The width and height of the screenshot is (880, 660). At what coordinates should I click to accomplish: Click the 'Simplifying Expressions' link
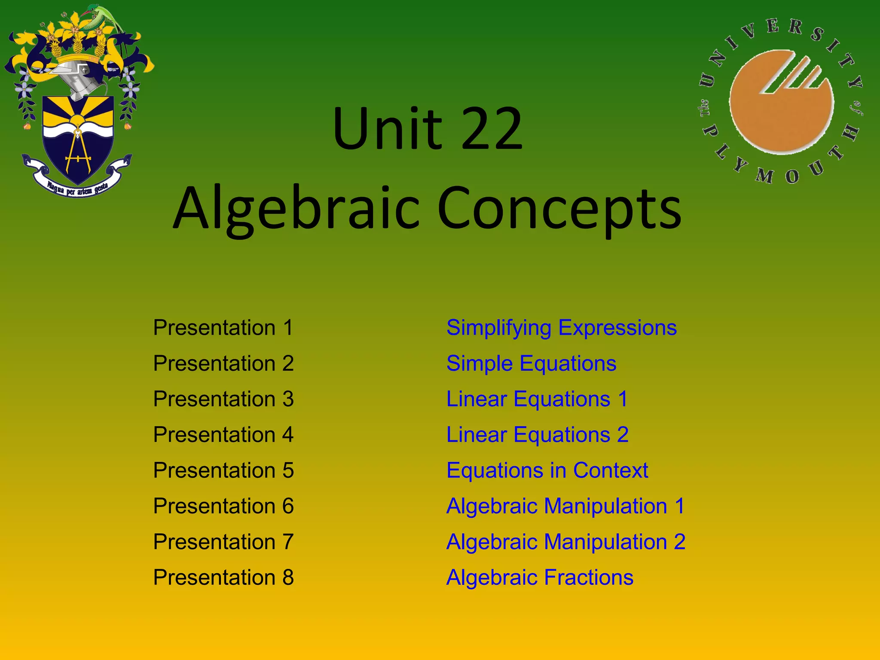click(x=561, y=328)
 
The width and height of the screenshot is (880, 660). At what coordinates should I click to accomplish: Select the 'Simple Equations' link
click(x=531, y=364)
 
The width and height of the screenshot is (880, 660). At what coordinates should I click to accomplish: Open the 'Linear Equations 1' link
click(x=537, y=399)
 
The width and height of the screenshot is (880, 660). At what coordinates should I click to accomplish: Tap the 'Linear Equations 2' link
click(x=537, y=435)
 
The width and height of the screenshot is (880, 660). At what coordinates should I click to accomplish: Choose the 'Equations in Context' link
click(x=547, y=471)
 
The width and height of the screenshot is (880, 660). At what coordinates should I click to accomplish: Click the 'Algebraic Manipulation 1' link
click(x=565, y=506)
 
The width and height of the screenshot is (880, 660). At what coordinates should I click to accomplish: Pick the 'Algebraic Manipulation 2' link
click(x=565, y=542)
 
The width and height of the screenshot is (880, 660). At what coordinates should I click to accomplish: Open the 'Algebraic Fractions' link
click(x=540, y=577)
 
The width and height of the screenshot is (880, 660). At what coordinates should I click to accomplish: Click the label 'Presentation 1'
click(x=223, y=328)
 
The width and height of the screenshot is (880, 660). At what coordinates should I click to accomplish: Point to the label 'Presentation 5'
click(x=223, y=471)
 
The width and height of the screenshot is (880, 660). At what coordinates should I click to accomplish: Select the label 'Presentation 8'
click(x=223, y=577)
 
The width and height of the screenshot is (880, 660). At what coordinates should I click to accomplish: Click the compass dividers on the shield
click(x=78, y=150)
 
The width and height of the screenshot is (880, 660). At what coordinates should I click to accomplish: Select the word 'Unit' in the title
click(x=387, y=129)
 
